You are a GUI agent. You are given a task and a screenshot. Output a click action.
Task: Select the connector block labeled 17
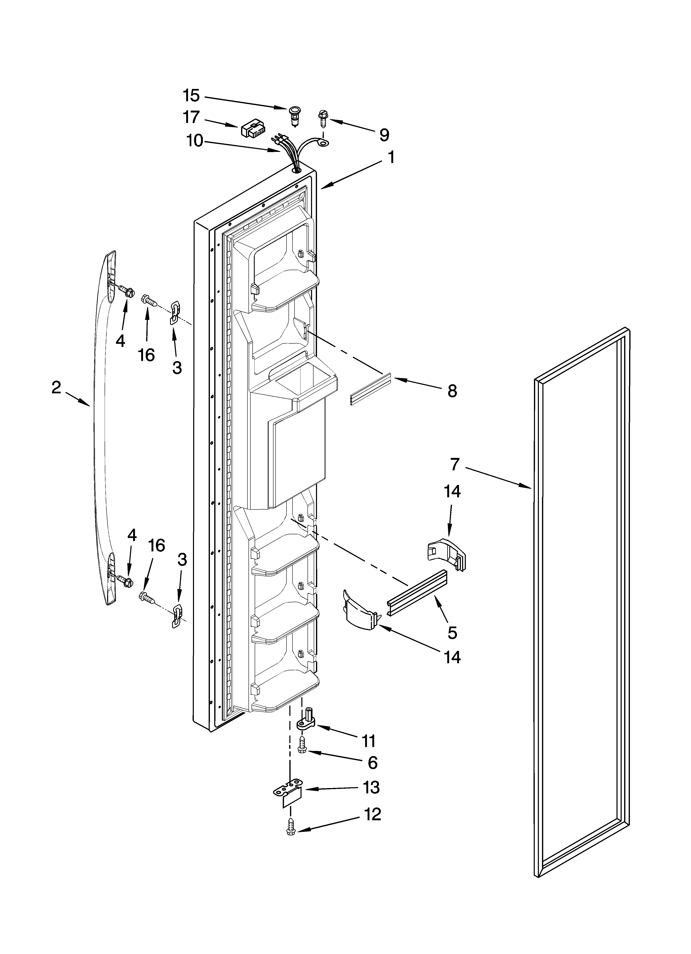[252, 131]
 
